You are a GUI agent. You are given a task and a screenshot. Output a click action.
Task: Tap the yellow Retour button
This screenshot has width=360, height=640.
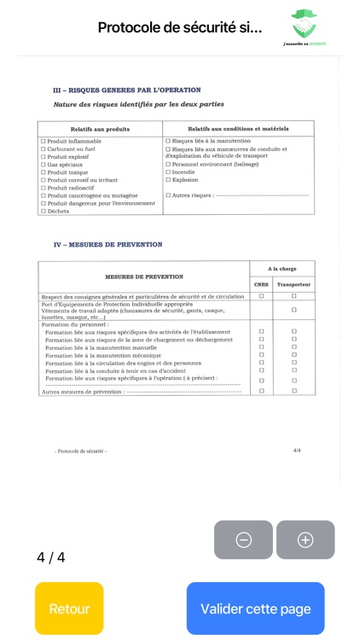(69, 608)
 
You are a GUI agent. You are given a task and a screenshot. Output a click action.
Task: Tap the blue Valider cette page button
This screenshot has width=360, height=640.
(255, 608)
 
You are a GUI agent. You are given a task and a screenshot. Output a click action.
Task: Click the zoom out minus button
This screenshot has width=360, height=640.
(243, 539)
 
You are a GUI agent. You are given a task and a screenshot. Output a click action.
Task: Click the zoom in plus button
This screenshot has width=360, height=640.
(305, 539)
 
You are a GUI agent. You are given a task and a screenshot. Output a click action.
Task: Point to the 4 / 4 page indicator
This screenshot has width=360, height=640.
(50, 557)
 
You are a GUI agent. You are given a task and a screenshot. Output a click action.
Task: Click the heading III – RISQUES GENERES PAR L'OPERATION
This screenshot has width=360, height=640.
(127, 90)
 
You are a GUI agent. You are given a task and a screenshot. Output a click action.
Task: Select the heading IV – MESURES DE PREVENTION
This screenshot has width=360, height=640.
(107, 245)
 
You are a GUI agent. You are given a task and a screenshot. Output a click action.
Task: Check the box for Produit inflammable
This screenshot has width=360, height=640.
(44, 141)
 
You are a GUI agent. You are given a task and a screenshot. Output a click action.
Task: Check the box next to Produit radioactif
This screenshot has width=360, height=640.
(44, 188)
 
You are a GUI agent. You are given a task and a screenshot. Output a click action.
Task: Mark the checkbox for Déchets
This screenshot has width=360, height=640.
(44, 211)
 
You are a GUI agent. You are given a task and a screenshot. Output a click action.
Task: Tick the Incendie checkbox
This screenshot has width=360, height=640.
(168, 172)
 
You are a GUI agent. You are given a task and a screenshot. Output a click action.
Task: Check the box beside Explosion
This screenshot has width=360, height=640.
(168, 180)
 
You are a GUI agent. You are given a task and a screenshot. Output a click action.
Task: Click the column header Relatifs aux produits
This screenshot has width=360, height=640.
(100, 128)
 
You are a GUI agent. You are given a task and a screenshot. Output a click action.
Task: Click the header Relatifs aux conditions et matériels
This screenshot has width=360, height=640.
(238, 128)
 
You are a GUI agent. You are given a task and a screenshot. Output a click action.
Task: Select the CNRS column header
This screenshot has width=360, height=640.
(261, 284)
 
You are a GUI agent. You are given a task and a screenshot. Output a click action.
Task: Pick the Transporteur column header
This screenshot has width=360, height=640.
(294, 284)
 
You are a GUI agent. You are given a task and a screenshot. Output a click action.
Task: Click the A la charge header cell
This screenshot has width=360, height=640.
(282, 268)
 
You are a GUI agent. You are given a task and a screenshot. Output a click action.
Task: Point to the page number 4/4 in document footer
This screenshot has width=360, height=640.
(297, 450)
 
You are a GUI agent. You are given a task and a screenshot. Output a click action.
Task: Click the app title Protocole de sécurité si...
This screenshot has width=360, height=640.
(180, 27)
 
